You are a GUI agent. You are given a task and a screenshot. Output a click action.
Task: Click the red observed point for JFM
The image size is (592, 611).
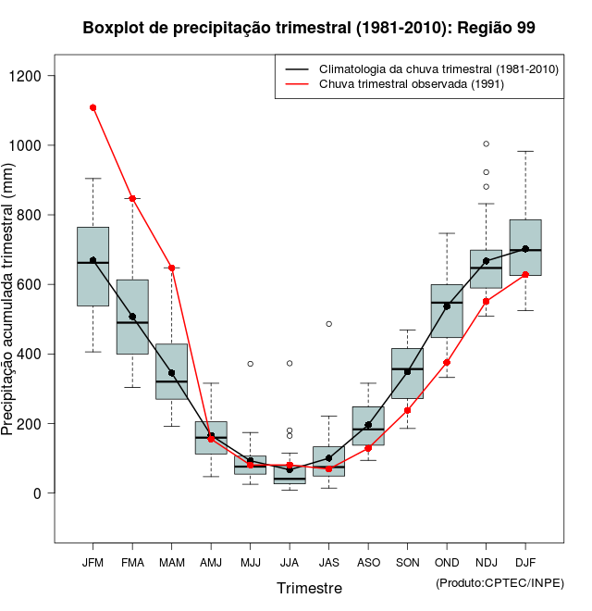point(92,107)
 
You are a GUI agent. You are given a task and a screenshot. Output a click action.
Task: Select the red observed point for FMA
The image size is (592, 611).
point(132,198)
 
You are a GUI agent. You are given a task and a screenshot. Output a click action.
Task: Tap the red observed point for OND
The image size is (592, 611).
point(447,362)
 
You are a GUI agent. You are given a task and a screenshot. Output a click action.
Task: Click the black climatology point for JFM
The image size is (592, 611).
point(92,260)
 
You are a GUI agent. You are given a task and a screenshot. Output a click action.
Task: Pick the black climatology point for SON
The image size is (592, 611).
point(407,371)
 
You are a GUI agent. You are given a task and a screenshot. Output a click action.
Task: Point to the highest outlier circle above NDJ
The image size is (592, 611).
point(487,143)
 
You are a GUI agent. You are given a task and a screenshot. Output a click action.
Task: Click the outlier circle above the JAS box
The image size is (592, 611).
point(328,324)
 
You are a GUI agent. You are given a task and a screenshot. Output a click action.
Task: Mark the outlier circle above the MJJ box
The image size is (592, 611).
point(250,364)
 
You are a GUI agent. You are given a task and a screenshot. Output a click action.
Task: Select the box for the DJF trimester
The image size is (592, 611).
point(525,247)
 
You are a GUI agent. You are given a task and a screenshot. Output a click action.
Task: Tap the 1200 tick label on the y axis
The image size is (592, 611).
point(36,76)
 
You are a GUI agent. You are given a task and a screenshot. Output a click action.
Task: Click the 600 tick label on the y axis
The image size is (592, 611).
point(37,284)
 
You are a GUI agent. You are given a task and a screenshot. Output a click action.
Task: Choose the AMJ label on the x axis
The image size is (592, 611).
point(211,562)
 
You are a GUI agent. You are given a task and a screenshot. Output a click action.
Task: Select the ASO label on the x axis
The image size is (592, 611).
point(368,562)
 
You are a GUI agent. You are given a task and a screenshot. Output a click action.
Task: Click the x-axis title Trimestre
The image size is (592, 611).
point(309,588)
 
